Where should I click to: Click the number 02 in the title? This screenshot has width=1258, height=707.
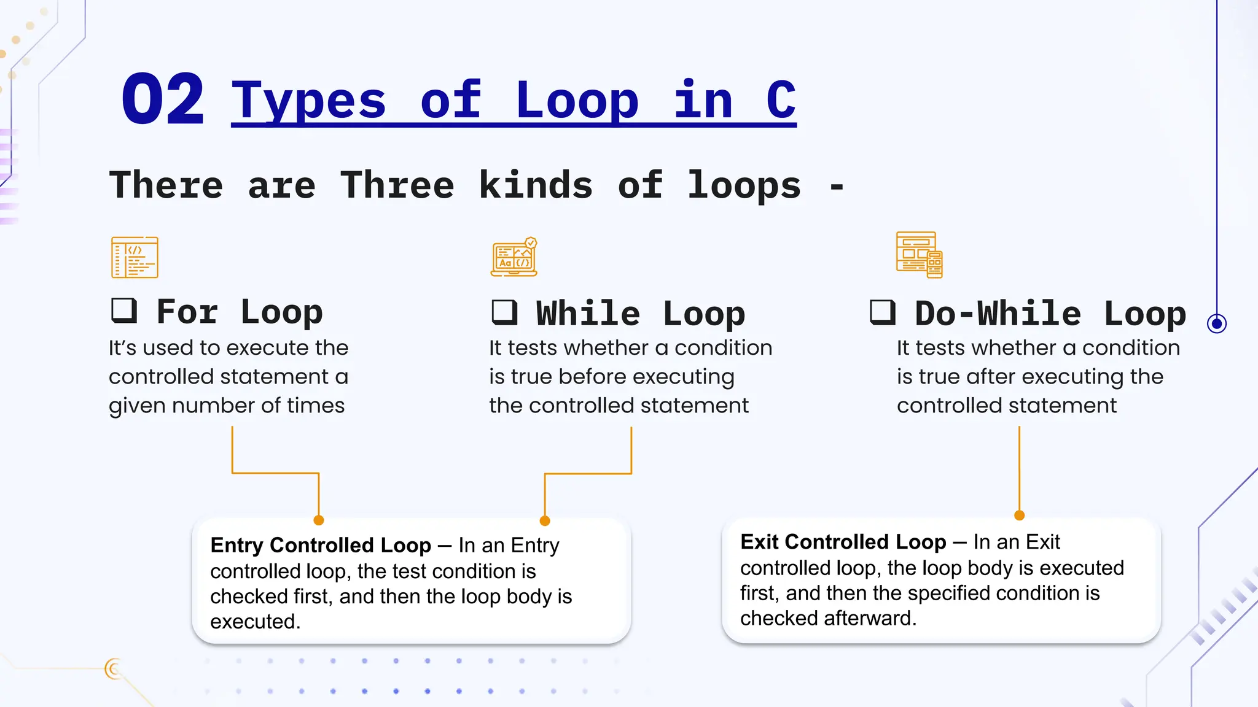pyautogui.click(x=162, y=99)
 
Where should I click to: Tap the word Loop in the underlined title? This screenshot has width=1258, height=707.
pyautogui.click(x=577, y=100)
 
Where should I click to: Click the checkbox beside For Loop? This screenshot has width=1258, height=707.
pyautogui.click(x=123, y=311)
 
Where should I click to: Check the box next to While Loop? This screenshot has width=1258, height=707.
pyautogui.click(x=504, y=312)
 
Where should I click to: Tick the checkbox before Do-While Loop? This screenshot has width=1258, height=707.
pyautogui.click(x=883, y=312)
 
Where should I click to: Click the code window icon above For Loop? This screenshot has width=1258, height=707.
pyautogui.click(x=135, y=257)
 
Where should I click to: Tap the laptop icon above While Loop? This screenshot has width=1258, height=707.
pyautogui.click(x=514, y=257)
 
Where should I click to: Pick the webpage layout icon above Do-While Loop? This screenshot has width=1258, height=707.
pyautogui.click(x=919, y=255)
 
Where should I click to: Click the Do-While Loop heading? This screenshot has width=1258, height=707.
pyautogui.click(x=1050, y=314)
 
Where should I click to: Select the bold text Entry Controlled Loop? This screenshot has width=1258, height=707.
pyautogui.click(x=321, y=545)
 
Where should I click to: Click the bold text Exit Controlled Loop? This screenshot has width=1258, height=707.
pyautogui.click(x=843, y=542)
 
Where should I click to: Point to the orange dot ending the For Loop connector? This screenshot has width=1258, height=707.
pyautogui.click(x=319, y=520)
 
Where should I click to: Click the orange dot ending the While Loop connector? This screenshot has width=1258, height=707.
pyautogui.click(x=545, y=521)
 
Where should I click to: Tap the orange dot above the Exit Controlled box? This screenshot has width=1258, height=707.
pyautogui.click(x=1019, y=516)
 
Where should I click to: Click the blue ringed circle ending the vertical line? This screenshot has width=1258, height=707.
pyautogui.click(x=1216, y=323)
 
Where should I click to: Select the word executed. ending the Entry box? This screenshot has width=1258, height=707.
pyautogui.click(x=255, y=622)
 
